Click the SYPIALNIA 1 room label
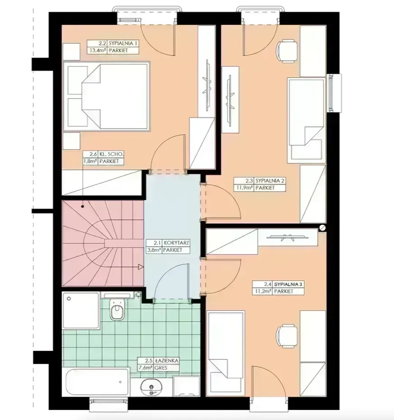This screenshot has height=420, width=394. coord(123,43)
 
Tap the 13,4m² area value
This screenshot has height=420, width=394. coord(97,51)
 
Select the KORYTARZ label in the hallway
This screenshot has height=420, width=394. coord(176,243)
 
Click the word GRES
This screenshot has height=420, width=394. coord(161,368)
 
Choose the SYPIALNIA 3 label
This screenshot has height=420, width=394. coord(288,284)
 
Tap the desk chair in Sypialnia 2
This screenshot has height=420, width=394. coord(287,51)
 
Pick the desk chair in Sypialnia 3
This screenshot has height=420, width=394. coord(287,336)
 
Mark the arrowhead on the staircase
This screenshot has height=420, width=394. coord(141,267)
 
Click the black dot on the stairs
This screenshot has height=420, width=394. coord(83,206)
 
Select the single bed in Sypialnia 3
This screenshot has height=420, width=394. coord(226,353)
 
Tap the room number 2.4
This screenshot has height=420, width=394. coord(268,284)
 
